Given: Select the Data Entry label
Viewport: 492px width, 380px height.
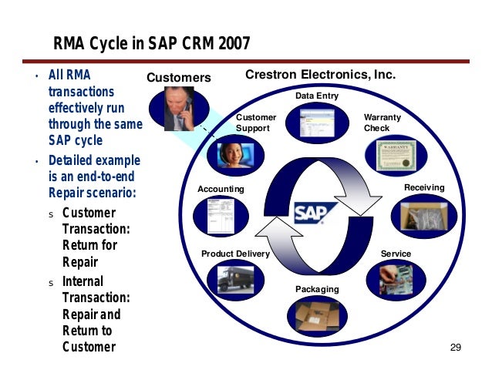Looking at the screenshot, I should (x=317, y=96).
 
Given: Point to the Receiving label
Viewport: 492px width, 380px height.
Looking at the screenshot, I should (x=424, y=188).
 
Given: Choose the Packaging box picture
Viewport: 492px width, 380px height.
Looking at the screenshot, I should (x=317, y=314).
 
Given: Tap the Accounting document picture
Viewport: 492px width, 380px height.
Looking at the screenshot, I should (x=219, y=215).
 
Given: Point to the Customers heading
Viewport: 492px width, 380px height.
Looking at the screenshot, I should (x=178, y=78).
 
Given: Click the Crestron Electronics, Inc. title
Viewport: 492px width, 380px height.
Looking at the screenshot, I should (x=320, y=76).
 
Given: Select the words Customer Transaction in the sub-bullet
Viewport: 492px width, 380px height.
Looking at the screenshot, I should (x=89, y=220).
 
